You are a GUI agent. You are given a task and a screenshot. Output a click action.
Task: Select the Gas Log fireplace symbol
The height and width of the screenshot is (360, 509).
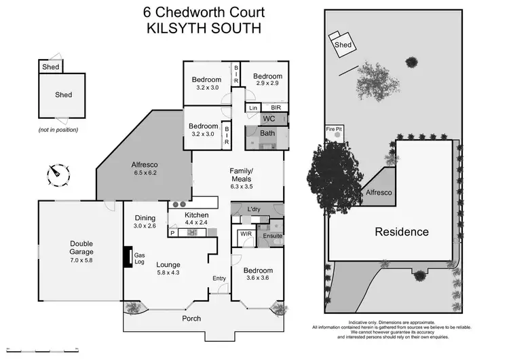click(126, 256)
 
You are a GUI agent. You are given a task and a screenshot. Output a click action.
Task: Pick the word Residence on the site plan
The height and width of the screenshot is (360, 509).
click(402, 232)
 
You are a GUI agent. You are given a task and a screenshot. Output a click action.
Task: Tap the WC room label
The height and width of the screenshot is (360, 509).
click(269, 119)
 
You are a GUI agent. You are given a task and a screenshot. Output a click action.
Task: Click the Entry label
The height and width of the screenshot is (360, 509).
click(219, 278)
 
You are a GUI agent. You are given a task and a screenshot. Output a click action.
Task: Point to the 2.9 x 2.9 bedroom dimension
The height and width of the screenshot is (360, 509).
click(268, 84)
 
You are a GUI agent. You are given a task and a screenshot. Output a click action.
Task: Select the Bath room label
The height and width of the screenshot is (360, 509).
click(268, 133)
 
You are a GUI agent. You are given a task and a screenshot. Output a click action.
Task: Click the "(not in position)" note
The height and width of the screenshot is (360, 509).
click(58, 129)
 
